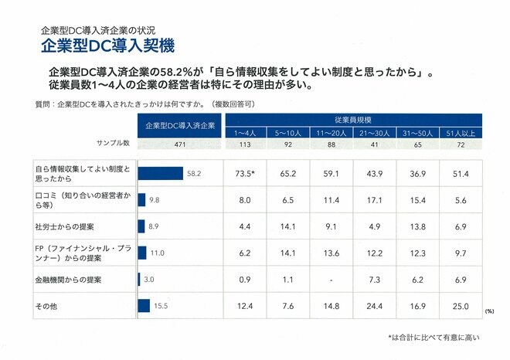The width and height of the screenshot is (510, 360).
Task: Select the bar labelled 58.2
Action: (x=161, y=174)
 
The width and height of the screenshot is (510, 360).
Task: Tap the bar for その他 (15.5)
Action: (x=144, y=306)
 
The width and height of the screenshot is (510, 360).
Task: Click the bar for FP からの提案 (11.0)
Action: (x=142, y=253)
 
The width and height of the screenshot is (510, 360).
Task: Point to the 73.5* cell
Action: (x=245, y=174)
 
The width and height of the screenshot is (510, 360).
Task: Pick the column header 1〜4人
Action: (x=245, y=133)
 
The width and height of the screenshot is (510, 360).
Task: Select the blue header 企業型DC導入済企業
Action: (x=179, y=125)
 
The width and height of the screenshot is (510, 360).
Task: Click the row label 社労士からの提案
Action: (x=65, y=226)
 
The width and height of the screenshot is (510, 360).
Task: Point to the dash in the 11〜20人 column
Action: (x=331, y=279)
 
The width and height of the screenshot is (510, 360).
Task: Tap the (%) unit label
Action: (x=489, y=311)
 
